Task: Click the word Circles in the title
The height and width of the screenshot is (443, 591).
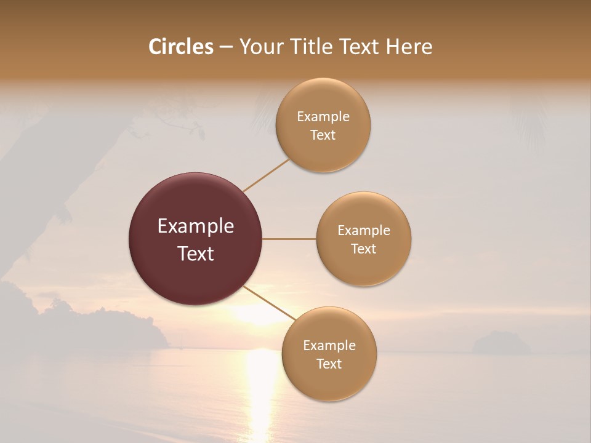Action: pyautogui.click(x=181, y=47)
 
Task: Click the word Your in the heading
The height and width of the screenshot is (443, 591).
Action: pyautogui.click(x=260, y=47)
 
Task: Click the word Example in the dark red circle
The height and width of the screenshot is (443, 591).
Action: pyautogui.click(x=196, y=226)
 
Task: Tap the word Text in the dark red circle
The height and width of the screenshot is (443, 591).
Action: pyautogui.click(x=196, y=253)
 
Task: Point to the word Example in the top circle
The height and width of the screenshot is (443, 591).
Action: pyautogui.click(x=323, y=117)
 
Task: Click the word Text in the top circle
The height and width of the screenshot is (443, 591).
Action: pyautogui.click(x=323, y=135)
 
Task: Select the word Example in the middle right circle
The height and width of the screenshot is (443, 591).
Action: pyautogui.click(x=364, y=231)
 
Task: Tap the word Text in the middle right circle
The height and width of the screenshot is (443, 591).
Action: pyautogui.click(x=364, y=249)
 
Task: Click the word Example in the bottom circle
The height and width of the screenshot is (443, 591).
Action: pyautogui.click(x=329, y=346)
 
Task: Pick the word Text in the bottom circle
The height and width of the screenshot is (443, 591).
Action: pyautogui.click(x=329, y=364)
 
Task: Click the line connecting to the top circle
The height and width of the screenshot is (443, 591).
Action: pyautogui.click(x=266, y=175)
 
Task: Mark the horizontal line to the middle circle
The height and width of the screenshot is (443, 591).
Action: pyautogui.click(x=289, y=239)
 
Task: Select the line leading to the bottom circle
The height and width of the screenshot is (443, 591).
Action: pyautogui.click(x=270, y=303)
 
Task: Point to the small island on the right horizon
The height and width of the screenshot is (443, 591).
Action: pyautogui.click(x=501, y=343)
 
